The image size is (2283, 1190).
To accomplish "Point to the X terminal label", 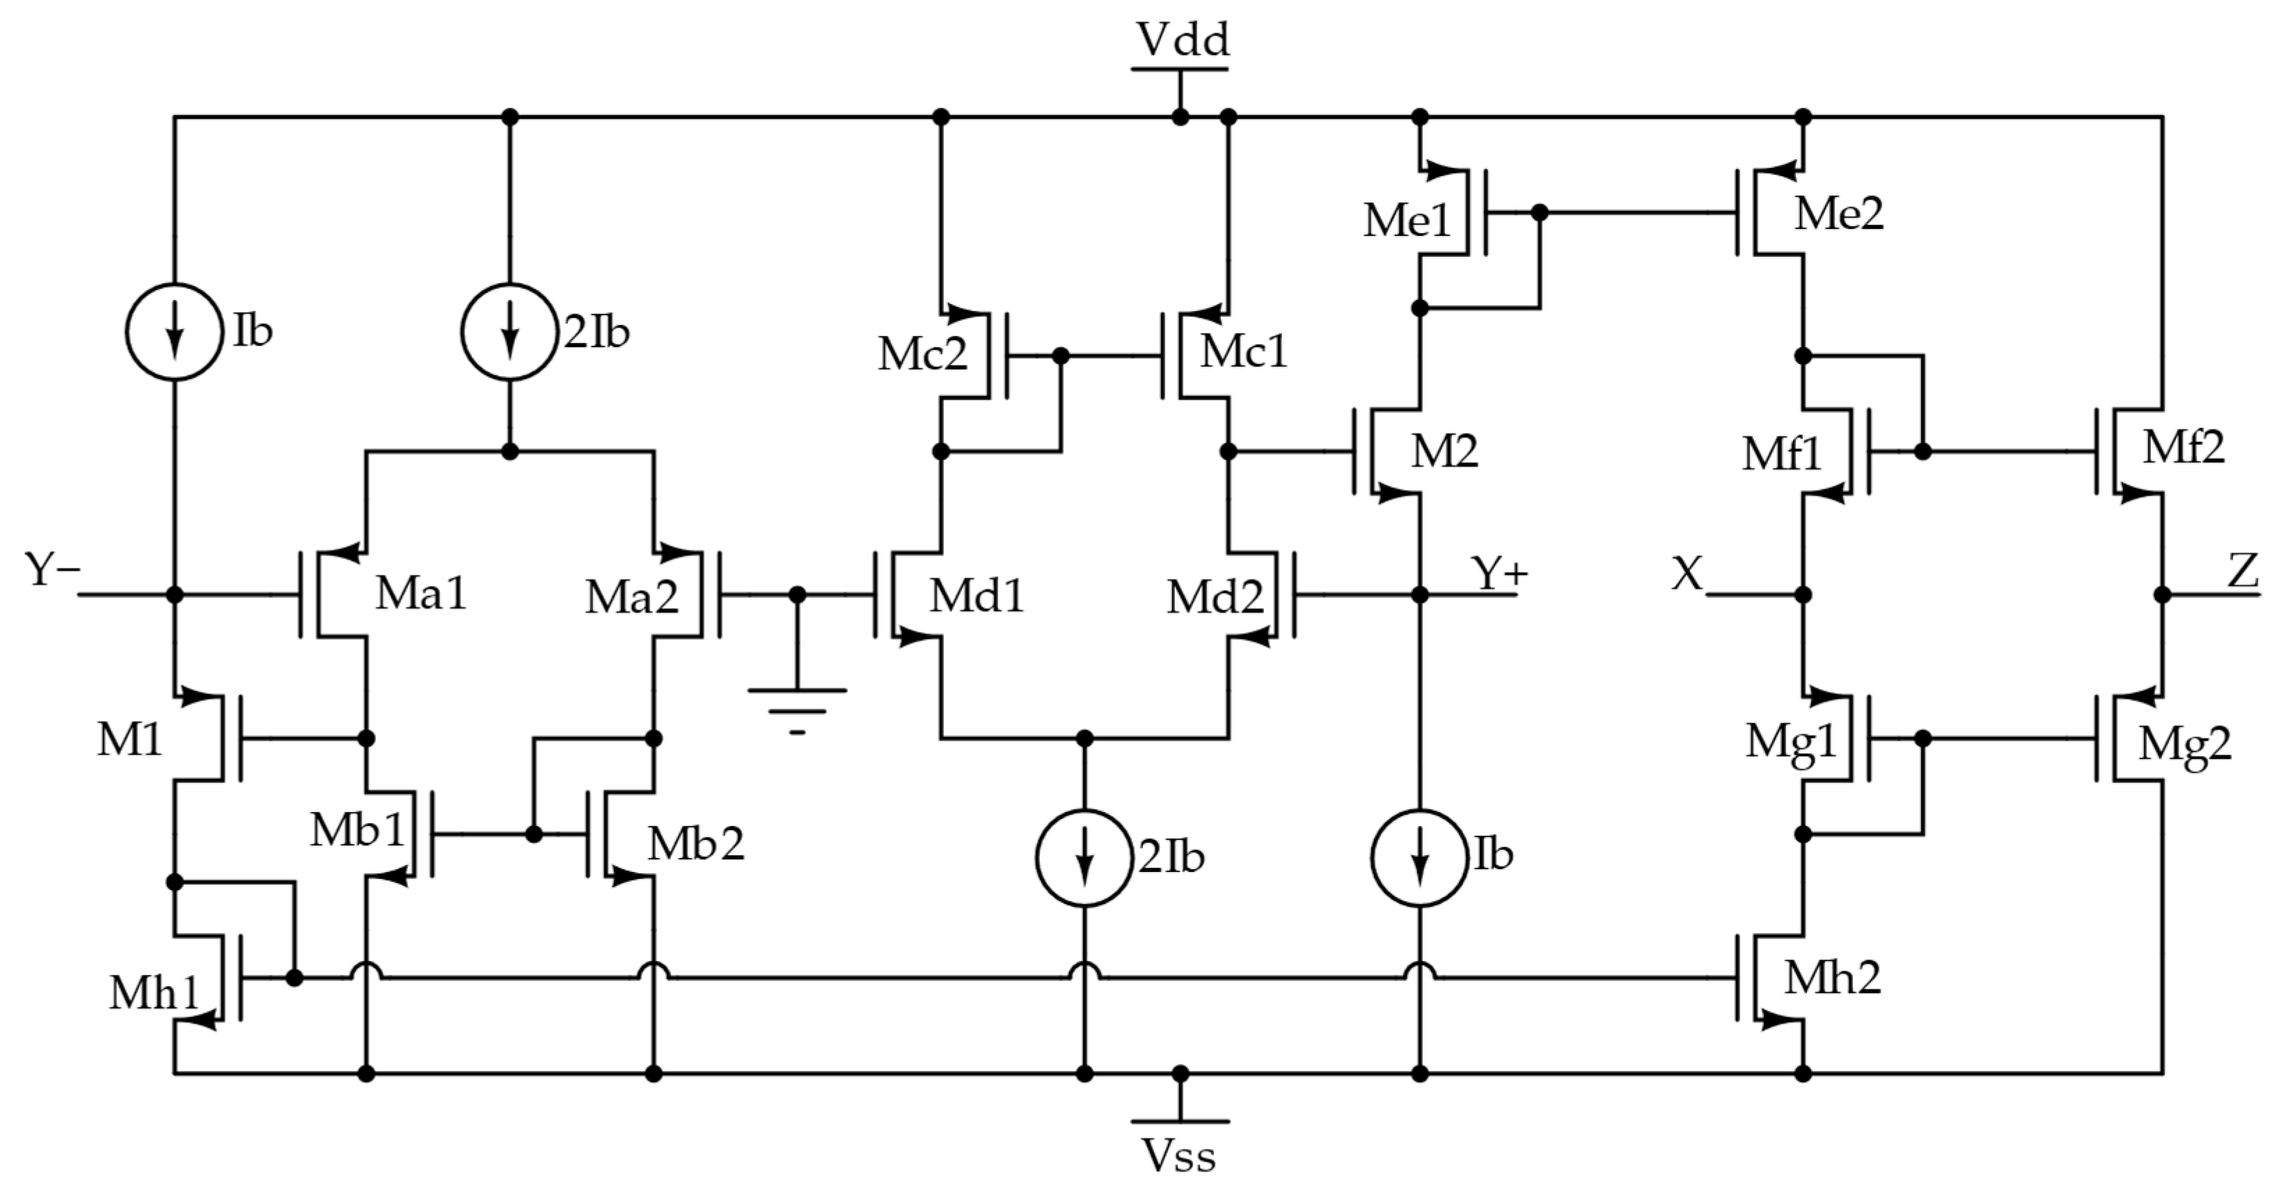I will point(1686,574).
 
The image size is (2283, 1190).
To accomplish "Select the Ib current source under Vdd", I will point(175,331).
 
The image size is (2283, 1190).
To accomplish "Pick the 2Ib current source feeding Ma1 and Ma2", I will point(509,331).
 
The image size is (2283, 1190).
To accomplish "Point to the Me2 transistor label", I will point(1838,214).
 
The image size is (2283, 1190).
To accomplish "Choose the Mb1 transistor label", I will point(357,830).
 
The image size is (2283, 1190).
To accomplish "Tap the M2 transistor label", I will point(1444,452).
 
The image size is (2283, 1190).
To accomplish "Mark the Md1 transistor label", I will point(976,596).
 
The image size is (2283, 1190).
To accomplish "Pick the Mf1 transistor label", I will point(1780,454).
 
